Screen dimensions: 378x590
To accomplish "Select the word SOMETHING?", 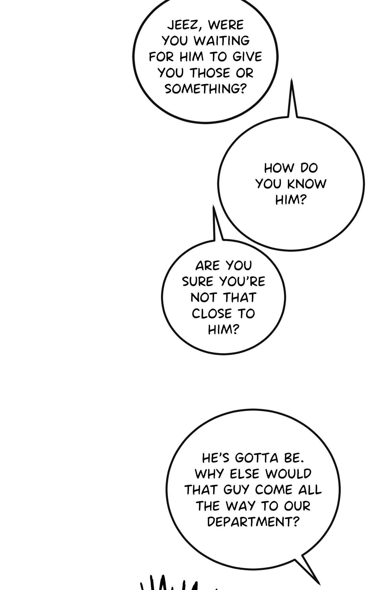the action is pos(205,88).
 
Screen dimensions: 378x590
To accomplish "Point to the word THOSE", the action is pos(211,73).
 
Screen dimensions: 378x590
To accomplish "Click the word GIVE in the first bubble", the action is pos(247,57).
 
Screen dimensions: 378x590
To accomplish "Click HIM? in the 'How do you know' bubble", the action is pos(291,200).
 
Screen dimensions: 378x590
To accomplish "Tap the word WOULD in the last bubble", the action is pos(288,474).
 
